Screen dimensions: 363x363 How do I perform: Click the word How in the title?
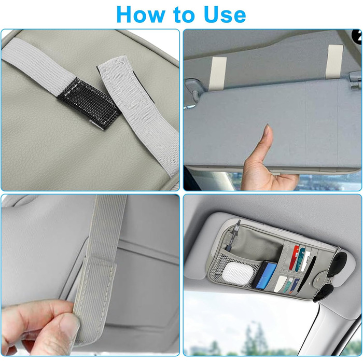(x=139, y=15)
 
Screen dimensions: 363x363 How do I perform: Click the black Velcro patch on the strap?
(x=89, y=103)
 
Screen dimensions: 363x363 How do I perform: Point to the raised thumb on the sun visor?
(x=268, y=139)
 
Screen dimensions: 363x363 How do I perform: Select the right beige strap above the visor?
(x=334, y=61)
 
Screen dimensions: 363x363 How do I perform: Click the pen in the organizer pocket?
(x=233, y=235)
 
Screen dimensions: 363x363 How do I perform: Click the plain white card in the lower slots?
(x=280, y=283)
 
